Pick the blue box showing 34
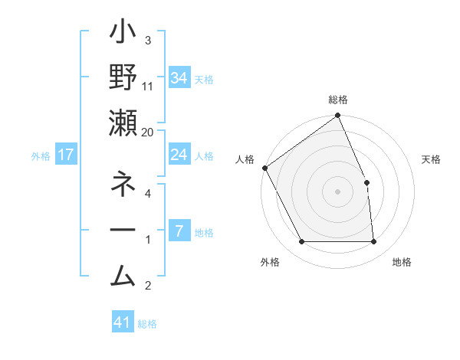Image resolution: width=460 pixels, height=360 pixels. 179,78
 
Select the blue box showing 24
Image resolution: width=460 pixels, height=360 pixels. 179,155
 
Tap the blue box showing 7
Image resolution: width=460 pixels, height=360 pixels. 179,232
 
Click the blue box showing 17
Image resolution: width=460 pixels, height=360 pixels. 66,155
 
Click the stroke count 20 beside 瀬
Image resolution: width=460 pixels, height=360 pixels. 148,132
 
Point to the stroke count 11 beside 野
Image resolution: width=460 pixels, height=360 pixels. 148,87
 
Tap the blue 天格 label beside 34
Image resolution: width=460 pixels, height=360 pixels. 204,79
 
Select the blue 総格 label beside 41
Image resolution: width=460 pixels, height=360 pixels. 147,324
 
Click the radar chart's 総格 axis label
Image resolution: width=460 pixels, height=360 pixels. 338,100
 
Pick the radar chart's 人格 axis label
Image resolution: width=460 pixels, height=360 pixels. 245,159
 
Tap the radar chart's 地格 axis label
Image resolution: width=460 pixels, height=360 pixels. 402,263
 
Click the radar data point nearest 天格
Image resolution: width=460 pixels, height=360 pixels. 366,182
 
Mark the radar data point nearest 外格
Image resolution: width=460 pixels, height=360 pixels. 302,242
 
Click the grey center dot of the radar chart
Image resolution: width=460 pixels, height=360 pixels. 337,191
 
